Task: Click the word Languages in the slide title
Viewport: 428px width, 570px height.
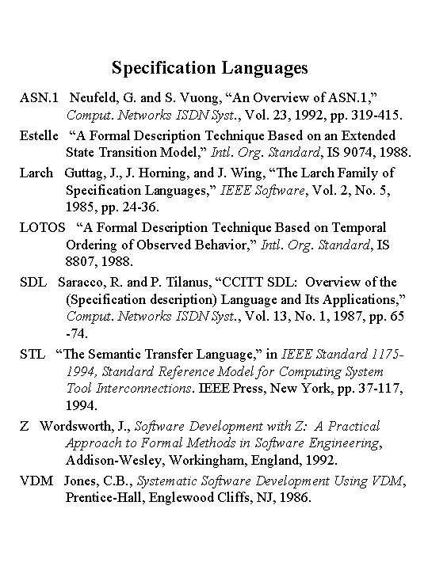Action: (x=262, y=69)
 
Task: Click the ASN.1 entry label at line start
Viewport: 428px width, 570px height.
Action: (x=40, y=99)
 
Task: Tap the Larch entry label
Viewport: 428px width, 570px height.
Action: (x=37, y=172)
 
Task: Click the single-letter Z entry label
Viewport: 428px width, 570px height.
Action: (x=25, y=427)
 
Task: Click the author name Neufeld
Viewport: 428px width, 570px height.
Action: (x=96, y=99)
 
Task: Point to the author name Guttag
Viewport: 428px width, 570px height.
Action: (x=87, y=172)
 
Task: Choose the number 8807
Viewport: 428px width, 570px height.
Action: (x=83, y=263)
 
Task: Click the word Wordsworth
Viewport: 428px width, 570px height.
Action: (x=78, y=427)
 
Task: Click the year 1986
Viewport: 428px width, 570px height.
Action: (x=294, y=500)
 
